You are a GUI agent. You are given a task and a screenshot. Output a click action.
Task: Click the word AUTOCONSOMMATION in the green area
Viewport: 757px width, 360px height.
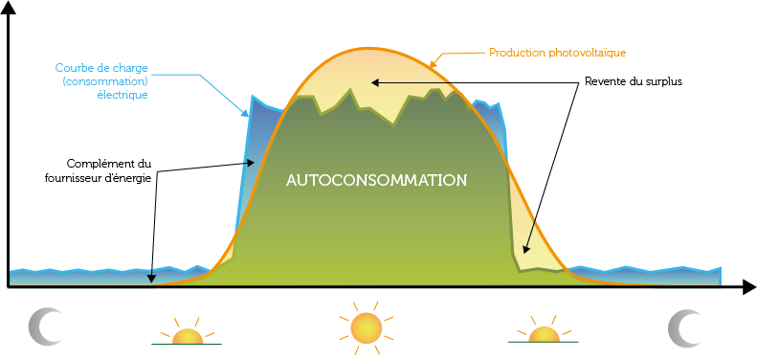[x=377, y=179]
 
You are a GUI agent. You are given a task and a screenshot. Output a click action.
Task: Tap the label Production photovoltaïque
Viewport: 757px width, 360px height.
[x=557, y=52]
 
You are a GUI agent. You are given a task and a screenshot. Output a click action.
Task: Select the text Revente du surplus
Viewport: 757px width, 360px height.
[x=633, y=81]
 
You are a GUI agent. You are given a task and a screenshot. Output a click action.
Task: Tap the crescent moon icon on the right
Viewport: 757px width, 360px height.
[x=683, y=326]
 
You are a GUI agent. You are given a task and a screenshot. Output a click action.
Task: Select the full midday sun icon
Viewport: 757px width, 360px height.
[x=365, y=327]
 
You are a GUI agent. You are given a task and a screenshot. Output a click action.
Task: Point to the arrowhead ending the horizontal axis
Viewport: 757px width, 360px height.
[x=746, y=286]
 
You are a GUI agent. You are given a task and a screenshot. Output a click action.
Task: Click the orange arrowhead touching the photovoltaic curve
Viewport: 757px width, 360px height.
[x=432, y=64]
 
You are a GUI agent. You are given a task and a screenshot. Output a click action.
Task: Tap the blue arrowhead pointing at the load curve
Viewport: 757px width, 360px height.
[x=245, y=112]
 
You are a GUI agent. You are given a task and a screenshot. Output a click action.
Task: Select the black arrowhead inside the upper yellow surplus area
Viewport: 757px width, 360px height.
[x=375, y=81]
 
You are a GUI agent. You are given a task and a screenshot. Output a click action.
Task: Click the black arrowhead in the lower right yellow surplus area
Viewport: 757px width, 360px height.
[x=524, y=253]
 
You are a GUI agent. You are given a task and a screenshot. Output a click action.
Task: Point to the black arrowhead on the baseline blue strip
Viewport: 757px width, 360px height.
[x=152, y=279]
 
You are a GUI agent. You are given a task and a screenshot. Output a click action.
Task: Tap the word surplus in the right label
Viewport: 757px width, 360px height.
[x=661, y=81]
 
